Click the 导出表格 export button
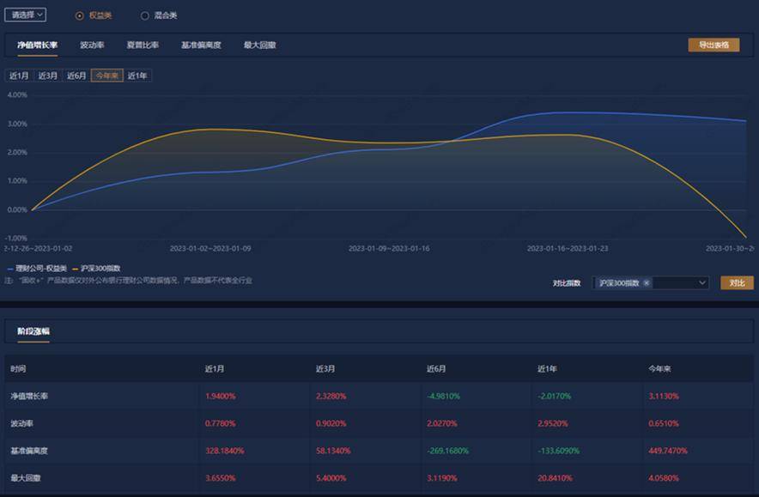(x=713, y=45)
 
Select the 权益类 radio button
(x=80, y=15)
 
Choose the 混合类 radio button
(x=144, y=15)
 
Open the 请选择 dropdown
(x=25, y=15)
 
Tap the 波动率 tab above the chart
(x=92, y=45)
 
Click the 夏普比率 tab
(x=142, y=45)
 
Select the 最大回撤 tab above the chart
(x=259, y=45)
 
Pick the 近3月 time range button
(x=48, y=76)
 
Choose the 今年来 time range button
(x=106, y=76)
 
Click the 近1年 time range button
(x=137, y=76)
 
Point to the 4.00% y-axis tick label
(x=17, y=95)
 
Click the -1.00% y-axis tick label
(x=16, y=238)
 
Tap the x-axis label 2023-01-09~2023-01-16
(x=388, y=249)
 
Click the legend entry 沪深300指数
(x=100, y=269)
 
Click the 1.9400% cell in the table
(x=220, y=397)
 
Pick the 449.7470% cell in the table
(x=667, y=450)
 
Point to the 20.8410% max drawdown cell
(x=554, y=477)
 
